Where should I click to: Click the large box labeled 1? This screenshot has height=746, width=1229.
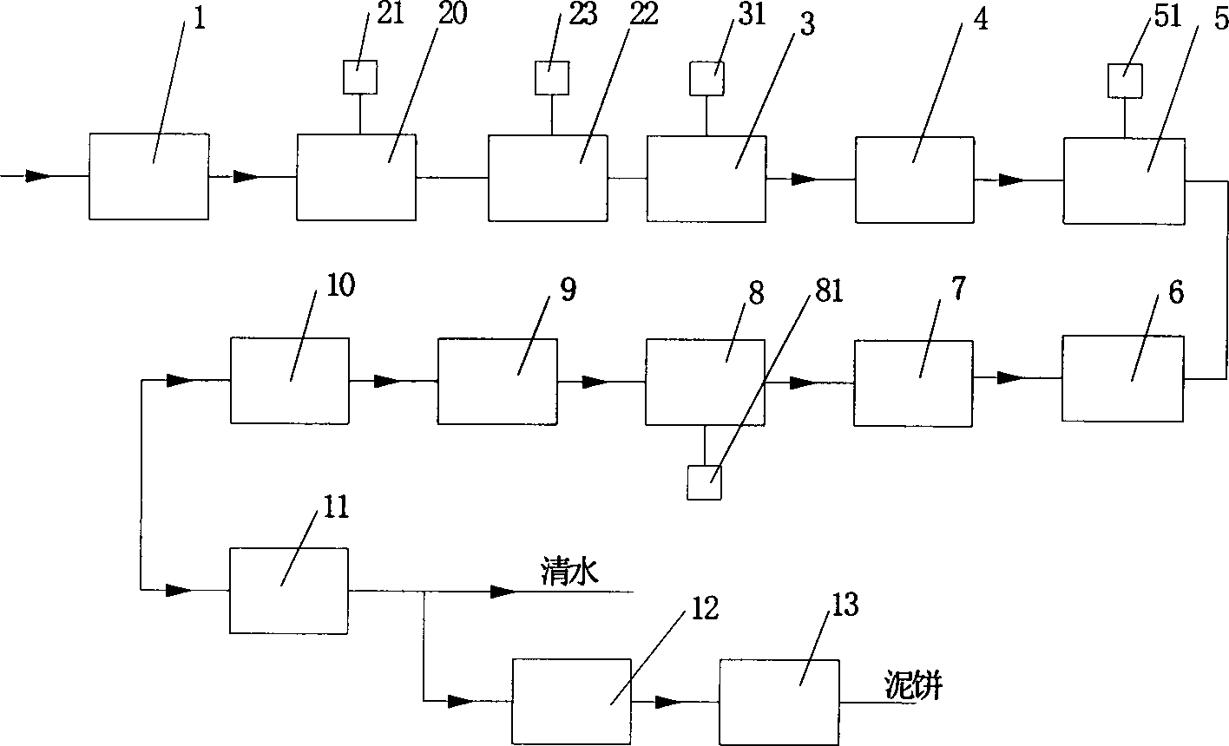149,176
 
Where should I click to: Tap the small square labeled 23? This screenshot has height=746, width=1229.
551,78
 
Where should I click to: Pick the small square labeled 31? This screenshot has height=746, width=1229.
707,78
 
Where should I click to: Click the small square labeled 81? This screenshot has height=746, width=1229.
705,482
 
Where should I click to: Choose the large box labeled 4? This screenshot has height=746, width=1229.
915,180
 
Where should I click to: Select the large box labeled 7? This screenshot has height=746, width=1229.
913,383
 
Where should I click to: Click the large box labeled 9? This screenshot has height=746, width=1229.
497,382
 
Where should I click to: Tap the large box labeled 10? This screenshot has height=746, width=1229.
289,381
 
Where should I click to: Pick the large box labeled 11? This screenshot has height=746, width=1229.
288,590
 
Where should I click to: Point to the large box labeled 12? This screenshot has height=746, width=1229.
572,700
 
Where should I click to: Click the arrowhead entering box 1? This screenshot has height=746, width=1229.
37,177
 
